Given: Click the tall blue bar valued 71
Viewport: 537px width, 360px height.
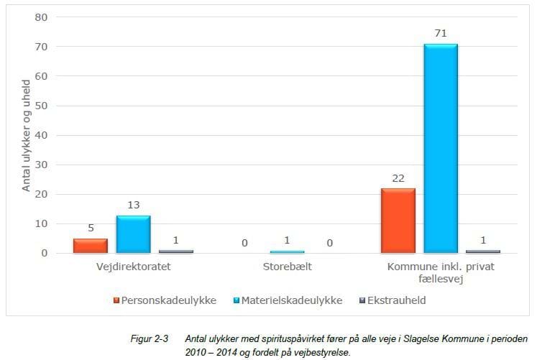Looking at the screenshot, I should tap(440, 149).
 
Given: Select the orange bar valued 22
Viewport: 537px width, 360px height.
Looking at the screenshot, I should tap(398, 221).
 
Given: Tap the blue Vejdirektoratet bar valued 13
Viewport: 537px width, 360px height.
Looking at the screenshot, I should tap(133, 234).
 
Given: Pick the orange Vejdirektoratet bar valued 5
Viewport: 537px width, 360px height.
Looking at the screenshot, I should tap(90, 246).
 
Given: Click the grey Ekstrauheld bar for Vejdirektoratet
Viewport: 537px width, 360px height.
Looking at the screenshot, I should tap(175, 251).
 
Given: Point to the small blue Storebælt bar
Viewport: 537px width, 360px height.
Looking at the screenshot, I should tap(287, 251).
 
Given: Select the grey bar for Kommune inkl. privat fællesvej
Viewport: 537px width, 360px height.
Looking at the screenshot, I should tap(482, 251).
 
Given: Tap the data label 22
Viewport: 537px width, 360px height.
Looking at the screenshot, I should tap(398, 177).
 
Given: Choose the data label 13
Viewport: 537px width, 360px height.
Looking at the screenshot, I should tap(133, 204).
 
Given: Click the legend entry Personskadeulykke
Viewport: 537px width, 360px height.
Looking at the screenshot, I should tap(164, 300).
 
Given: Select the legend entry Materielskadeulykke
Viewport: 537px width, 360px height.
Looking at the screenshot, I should tap(290, 300).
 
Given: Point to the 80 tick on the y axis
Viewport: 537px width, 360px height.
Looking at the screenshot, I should tap(41, 17).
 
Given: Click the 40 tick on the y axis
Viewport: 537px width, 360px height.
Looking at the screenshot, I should tap(41, 135).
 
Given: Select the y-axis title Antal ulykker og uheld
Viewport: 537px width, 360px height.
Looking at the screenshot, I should tap(26, 135).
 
